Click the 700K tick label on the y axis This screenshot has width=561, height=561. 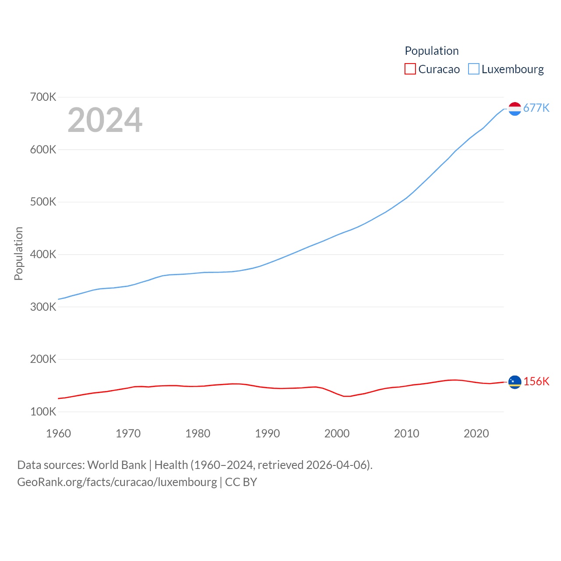click(x=43, y=97)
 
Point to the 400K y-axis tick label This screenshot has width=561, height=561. click(x=43, y=254)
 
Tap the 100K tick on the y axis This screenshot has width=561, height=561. click(x=43, y=412)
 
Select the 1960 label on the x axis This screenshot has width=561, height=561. click(x=58, y=433)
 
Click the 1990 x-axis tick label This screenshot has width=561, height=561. click(x=267, y=433)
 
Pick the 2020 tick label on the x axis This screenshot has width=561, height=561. click(x=476, y=433)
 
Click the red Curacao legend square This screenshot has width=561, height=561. click(x=410, y=69)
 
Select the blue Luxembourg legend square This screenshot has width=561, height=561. click(x=474, y=69)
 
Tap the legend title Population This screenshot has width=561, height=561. click(x=432, y=51)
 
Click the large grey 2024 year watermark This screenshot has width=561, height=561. click(x=105, y=120)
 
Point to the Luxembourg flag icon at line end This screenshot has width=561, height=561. click(x=515, y=109)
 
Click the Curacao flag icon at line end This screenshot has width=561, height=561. click(x=515, y=382)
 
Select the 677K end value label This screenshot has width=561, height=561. click(x=536, y=108)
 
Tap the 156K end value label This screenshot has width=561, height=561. click(x=536, y=381)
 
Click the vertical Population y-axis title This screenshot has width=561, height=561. click(x=18, y=253)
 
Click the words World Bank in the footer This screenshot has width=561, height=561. click(x=117, y=465)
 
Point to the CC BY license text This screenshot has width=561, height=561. click(x=241, y=482)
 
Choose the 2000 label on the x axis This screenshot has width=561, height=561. click(x=337, y=433)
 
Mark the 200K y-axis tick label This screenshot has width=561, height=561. click(x=43, y=359)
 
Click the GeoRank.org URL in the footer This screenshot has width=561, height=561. click(x=117, y=482)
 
